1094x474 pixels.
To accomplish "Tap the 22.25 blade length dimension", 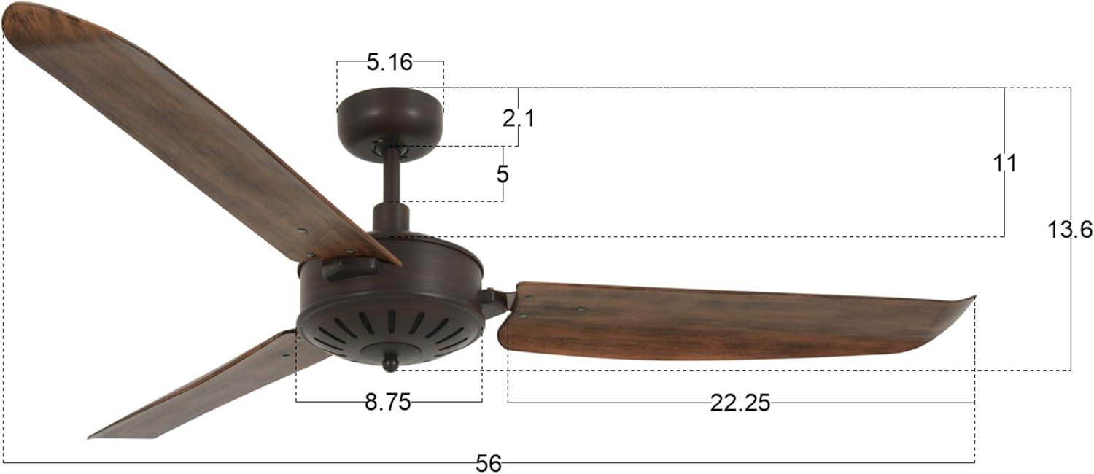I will click(740, 403).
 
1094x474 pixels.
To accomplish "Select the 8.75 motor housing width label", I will click(388, 402).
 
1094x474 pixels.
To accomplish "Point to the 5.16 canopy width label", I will click(389, 63).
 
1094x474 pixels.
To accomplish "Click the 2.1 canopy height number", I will click(519, 118).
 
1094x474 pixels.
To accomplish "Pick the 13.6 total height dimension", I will click(1070, 230).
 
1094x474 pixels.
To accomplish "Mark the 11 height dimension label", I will click(1004, 163).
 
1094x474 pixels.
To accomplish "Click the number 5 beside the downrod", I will click(503, 175).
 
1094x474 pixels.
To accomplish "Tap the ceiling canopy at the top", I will click(389, 117).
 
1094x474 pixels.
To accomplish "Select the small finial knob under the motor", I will click(391, 362).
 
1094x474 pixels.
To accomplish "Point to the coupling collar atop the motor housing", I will click(391, 218).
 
